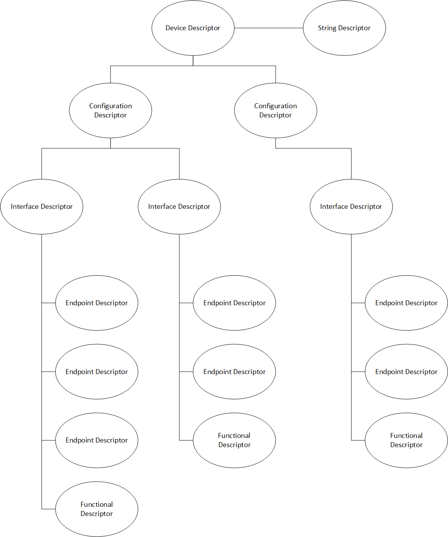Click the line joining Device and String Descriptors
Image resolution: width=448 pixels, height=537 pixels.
pyautogui.click(x=268, y=28)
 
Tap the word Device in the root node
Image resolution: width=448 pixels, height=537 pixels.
pyautogui.click(x=175, y=28)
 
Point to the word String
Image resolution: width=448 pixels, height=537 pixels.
pyautogui.click(x=327, y=28)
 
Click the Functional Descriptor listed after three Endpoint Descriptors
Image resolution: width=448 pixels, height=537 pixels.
pyautogui.click(x=96, y=524)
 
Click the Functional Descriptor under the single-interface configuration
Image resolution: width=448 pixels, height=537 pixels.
pyautogui.click(x=406, y=455)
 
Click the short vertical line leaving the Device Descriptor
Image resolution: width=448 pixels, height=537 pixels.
pyautogui.click(x=193, y=60)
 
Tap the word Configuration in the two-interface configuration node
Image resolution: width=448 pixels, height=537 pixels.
pyautogui.click(x=110, y=106)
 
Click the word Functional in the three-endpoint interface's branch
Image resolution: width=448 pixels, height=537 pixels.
pyautogui.click(x=96, y=504)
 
